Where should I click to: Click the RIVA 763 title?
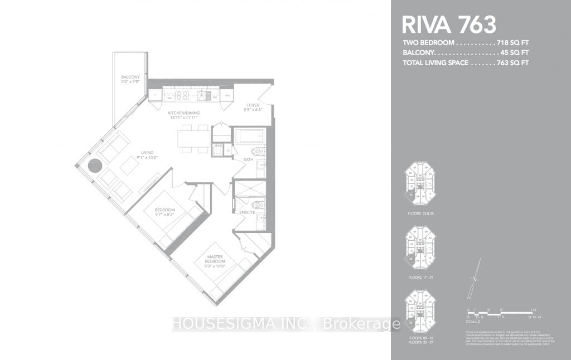[x=449, y=25]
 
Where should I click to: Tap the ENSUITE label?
[x=247, y=212]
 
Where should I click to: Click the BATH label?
[x=249, y=160]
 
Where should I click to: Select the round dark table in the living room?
[x=95, y=166]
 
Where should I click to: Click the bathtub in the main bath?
[x=249, y=136]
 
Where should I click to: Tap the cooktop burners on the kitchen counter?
[x=182, y=95]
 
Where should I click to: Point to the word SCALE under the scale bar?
[x=472, y=322]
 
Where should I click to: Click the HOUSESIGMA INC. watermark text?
[x=245, y=324]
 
